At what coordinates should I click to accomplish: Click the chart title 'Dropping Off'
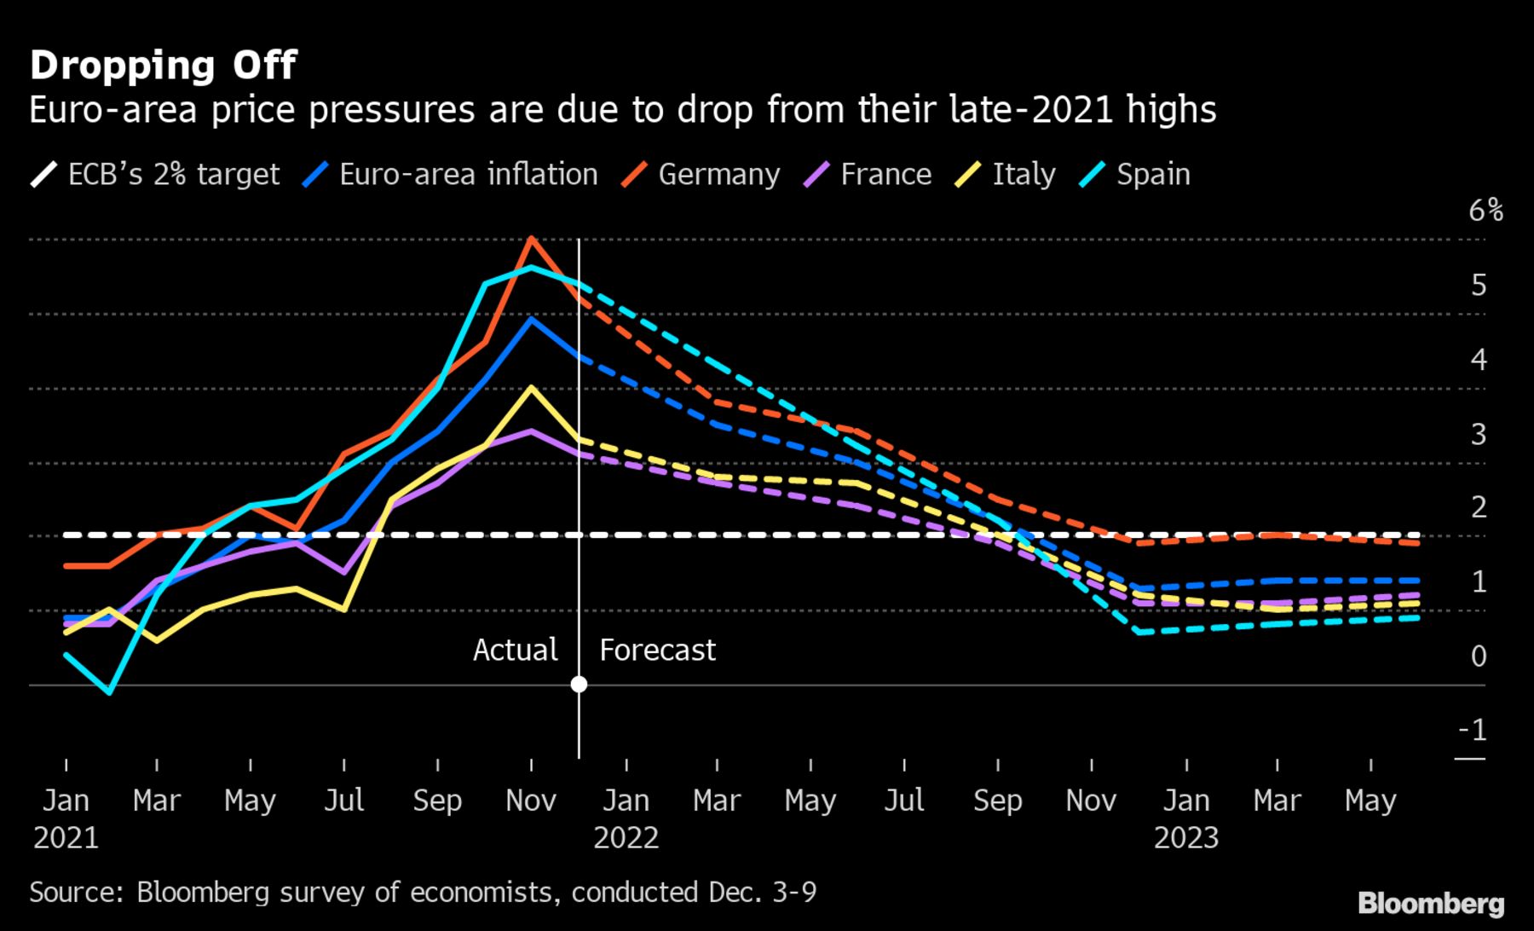tap(163, 66)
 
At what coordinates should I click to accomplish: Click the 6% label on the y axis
tap(1485, 211)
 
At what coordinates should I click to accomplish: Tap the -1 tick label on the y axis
tap(1473, 730)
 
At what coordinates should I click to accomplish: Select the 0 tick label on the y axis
tap(1479, 656)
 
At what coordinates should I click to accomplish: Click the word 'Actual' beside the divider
tap(515, 651)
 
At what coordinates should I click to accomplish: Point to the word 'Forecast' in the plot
tap(657, 651)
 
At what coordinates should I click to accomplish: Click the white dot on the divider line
tap(579, 684)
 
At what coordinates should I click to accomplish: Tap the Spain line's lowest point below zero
tap(110, 692)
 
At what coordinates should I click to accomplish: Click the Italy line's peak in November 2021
tap(531, 388)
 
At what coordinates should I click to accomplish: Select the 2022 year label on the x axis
tap(626, 838)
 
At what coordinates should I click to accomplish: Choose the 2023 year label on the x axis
tap(1186, 838)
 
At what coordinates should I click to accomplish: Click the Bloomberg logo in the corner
tap(1431, 904)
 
